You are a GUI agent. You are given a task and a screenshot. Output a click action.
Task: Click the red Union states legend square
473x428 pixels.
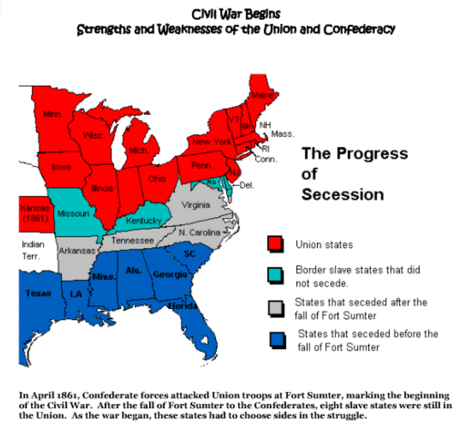coord(276,244)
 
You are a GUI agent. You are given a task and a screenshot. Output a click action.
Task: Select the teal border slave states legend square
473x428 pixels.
coord(276,275)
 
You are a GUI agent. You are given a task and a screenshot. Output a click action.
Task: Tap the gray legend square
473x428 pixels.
coord(276,308)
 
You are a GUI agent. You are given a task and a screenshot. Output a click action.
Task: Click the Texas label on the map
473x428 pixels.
coord(38,293)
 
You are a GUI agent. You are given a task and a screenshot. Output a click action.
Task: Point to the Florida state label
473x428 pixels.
coord(182,306)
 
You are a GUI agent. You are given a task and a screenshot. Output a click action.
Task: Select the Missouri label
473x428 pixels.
coord(73,213)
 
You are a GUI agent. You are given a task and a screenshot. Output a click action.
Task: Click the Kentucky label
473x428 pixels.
coord(144,220)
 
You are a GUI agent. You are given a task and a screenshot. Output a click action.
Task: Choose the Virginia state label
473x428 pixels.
coord(196,205)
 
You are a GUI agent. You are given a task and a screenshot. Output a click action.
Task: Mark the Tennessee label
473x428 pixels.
coord(132,240)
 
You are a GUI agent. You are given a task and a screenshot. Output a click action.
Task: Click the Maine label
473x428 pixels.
coord(262,95)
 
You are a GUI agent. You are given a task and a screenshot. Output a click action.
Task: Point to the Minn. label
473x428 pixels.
coord(53,114)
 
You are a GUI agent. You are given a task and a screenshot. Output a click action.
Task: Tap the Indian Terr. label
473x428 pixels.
coord(33,250)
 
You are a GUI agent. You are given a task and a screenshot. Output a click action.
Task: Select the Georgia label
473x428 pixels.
coord(170,274)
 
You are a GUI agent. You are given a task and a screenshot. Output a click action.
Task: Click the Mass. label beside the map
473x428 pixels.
coord(282,134)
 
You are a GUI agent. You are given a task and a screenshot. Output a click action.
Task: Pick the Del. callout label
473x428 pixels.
coord(246,185)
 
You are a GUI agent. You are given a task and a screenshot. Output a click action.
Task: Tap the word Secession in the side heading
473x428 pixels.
coord(342,194)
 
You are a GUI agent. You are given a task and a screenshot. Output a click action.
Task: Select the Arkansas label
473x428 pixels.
coord(77,251)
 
